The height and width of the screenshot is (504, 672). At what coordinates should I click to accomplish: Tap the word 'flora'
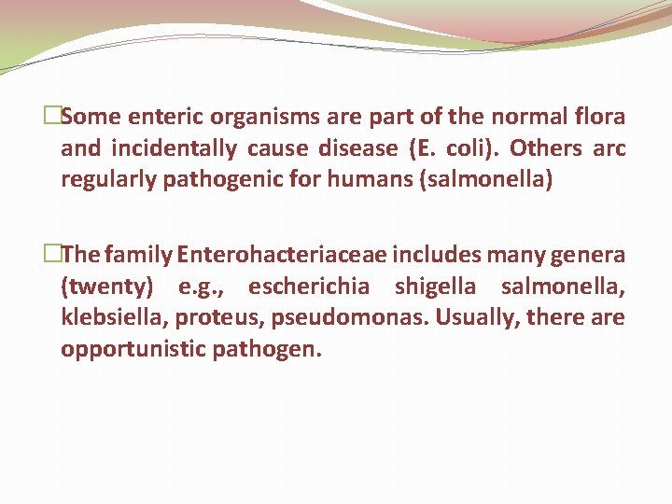(x=599, y=118)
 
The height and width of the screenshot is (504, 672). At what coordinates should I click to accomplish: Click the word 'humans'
(x=367, y=179)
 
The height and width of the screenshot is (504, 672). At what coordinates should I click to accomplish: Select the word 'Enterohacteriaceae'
(x=283, y=255)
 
